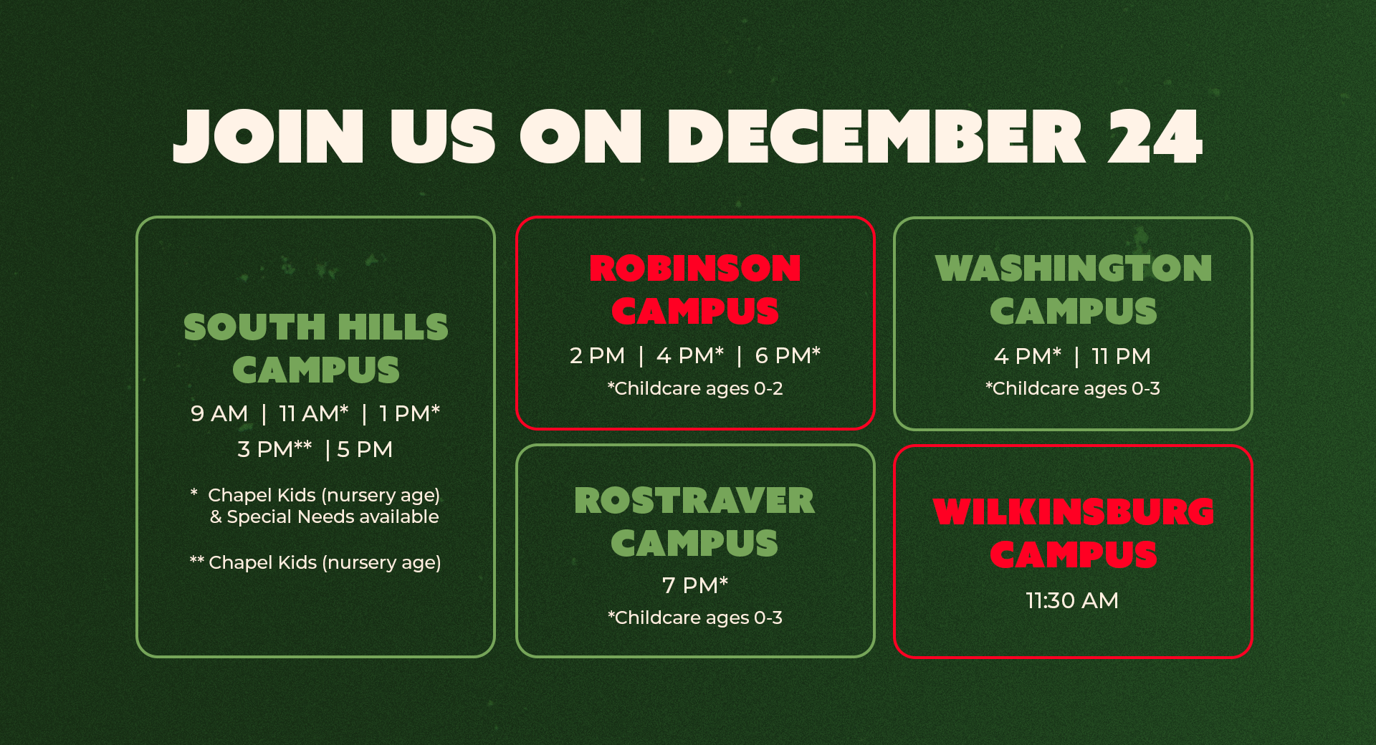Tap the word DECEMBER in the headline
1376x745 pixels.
tap(876, 136)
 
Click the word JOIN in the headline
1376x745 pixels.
tap(269, 136)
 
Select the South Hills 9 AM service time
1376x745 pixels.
tap(219, 413)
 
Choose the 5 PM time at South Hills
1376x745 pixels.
tap(365, 449)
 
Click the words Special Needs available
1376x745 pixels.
tap(333, 516)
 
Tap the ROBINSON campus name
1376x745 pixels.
tap(695, 268)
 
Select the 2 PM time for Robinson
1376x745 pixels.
tap(597, 355)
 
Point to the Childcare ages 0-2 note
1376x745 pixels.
tap(695, 388)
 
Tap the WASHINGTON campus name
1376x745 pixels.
tap(1074, 268)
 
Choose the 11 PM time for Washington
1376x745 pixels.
tap(1121, 356)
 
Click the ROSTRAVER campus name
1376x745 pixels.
tap(694, 500)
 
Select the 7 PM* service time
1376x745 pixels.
tap(695, 585)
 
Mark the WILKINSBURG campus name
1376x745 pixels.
tap(1074, 511)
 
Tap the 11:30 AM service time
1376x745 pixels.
tap(1072, 600)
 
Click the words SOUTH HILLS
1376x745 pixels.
tap(316, 327)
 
